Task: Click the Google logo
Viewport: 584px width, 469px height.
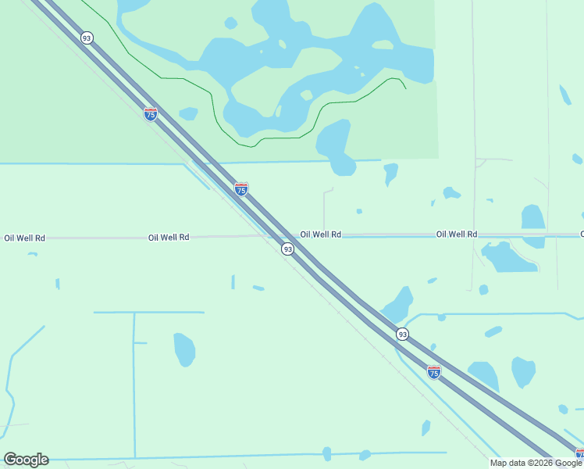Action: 26,460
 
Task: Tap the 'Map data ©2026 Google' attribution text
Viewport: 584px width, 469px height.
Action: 536,463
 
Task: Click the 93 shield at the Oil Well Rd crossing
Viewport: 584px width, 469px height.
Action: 288,249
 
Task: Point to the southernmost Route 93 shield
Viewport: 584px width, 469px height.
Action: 402,334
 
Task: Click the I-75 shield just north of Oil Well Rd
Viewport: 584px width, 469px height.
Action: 241,189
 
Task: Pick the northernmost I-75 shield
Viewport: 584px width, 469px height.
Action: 151,114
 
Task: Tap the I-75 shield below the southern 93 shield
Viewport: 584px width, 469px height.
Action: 434,371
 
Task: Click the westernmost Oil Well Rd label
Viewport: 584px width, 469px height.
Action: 24,238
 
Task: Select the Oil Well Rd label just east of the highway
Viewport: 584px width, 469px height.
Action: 321,234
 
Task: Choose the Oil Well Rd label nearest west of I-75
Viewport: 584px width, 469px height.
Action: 169,237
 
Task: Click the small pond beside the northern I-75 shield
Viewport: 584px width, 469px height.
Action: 188,114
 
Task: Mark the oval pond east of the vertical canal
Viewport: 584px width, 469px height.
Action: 184,349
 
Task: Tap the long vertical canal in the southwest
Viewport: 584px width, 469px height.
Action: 134,383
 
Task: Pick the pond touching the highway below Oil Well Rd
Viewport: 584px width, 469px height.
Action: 399,303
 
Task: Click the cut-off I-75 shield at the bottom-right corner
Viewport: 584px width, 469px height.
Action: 580,454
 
